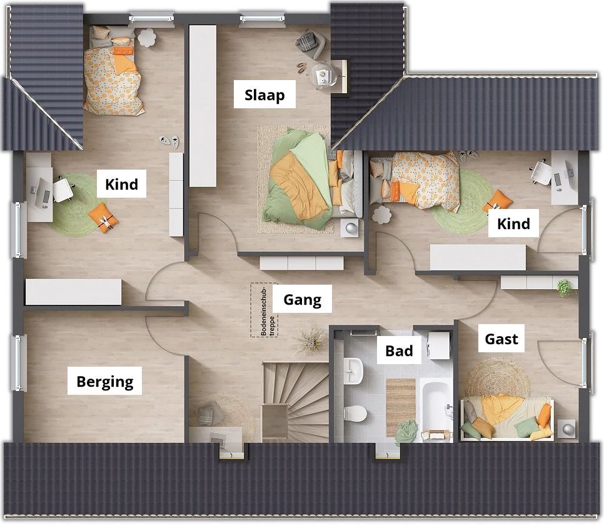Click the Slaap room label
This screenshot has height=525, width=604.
coord(264,95)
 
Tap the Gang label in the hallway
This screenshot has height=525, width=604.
coord(303,300)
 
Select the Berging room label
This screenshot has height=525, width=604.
coord(105,382)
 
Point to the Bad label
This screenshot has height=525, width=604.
coord(399,351)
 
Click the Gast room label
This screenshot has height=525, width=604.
coord(501,339)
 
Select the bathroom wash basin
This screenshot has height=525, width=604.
coord(353,371)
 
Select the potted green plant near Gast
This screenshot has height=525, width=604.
coord(565,288)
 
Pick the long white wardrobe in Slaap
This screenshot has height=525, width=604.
coord(203,106)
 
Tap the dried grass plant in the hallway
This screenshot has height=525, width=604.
coord(310,339)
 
